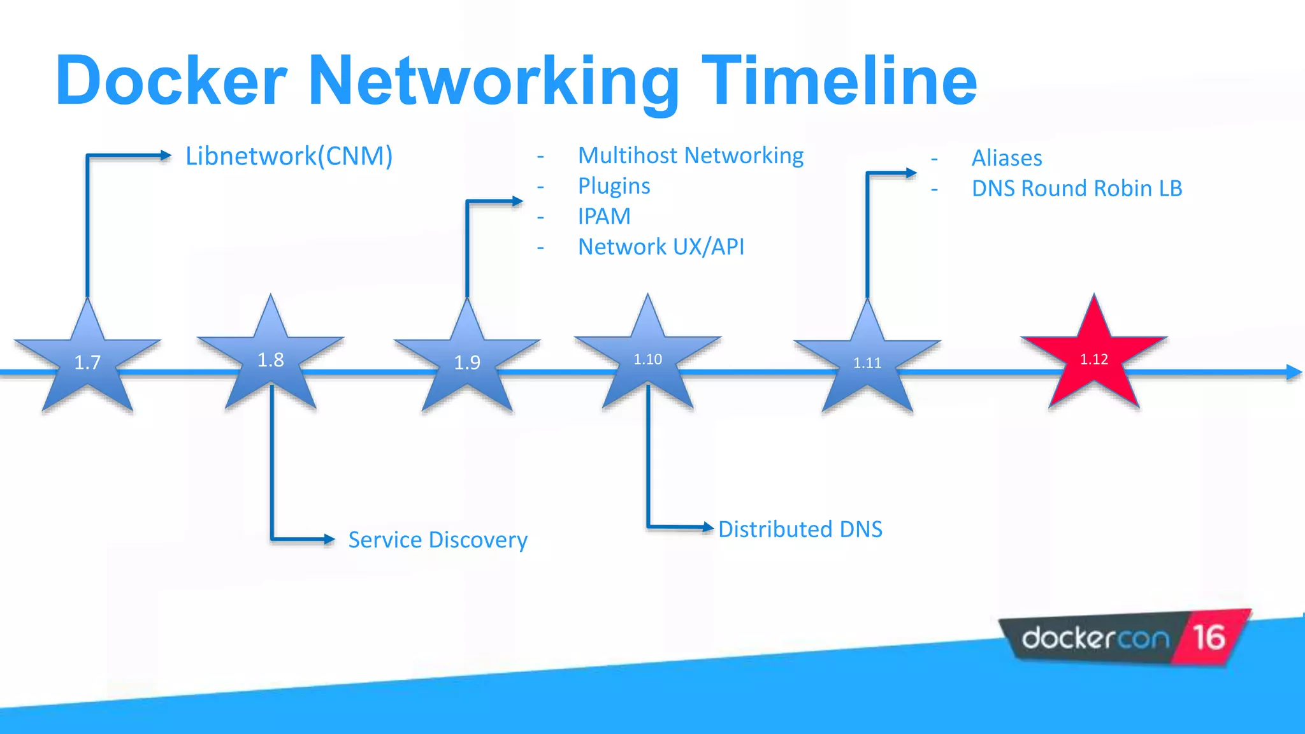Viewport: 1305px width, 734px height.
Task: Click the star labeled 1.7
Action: tap(87, 361)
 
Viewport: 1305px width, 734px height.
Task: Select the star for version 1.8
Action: tap(271, 359)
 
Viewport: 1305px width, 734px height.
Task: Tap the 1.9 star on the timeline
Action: tap(467, 362)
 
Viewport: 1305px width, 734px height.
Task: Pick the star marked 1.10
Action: tap(648, 359)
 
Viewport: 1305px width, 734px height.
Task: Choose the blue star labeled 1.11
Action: tap(867, 362)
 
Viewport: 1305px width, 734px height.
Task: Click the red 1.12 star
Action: tap(1094, 359)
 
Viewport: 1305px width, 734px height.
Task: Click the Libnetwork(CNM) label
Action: tap(289, 156)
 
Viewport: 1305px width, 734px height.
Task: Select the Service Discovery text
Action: tap(438, 540)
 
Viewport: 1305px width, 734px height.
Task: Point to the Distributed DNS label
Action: tap(800, 529)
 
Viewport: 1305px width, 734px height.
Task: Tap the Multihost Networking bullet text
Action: tap(691, 155)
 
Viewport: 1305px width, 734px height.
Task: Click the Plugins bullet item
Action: tap(614, 186)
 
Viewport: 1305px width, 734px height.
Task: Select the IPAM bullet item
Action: tap(604, 217)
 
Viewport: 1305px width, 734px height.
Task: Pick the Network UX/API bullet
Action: tap(661, 247)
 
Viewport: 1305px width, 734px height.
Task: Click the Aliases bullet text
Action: tap(1007, 158)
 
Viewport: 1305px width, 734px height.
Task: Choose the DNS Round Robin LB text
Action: tap(1077, 189)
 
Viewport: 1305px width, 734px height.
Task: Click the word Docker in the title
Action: tap(171, 81)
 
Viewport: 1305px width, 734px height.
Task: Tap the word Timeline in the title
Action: tap(839, 81)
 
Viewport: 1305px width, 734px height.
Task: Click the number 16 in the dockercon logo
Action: tap(1209, 637)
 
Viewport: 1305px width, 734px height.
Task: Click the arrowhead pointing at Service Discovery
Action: tap(329, 540)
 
